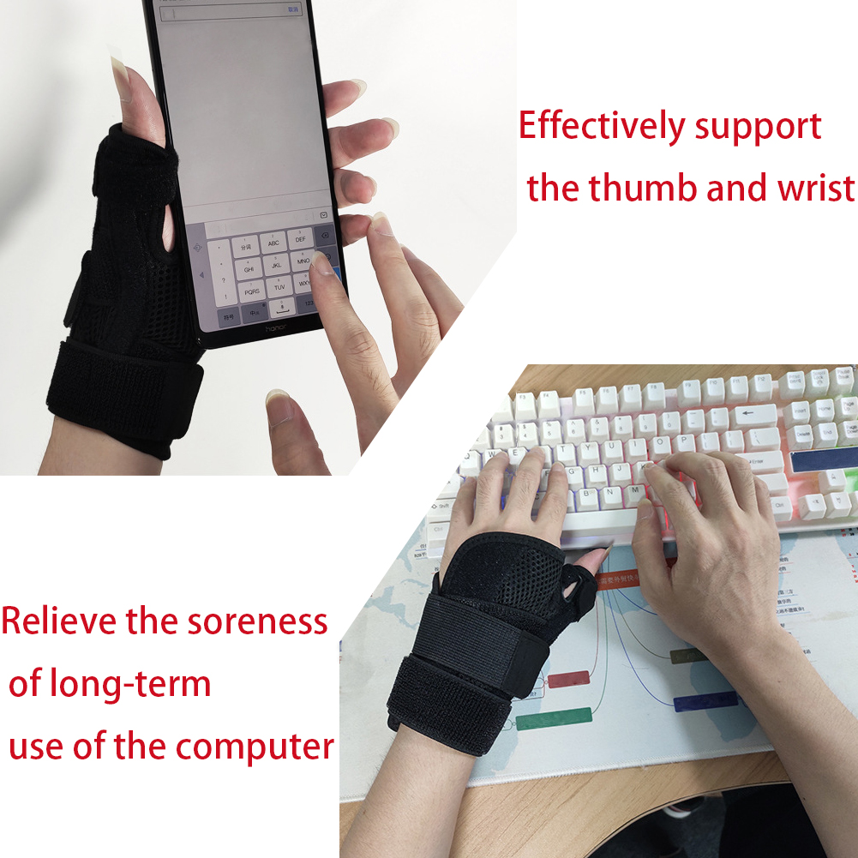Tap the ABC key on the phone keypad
pos(273,243)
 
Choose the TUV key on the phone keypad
pos(279,287)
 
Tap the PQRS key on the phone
pos(251,291)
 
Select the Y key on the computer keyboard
pos(589,450)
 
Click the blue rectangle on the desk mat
pos(705,701)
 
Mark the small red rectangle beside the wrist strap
pos(567,679)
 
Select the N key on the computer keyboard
pos(612,493)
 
